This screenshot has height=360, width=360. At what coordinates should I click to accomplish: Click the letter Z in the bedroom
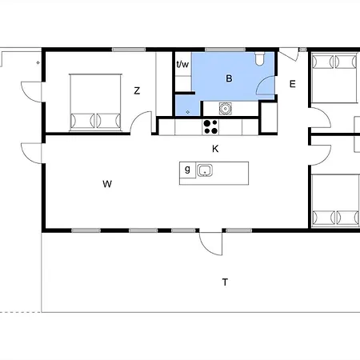(x=138, y=91)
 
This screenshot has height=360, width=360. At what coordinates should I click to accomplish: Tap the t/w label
(x=182, y=65)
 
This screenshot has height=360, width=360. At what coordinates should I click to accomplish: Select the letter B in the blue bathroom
(x=229, y=78)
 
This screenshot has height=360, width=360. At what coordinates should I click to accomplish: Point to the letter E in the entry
(x=293, y=84)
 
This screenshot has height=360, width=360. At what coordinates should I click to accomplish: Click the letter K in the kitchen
(x=215, y=149)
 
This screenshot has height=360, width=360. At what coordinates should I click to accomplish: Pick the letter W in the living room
(x=106, y=185)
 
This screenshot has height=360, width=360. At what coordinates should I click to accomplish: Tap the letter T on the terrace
(x=226, y=282)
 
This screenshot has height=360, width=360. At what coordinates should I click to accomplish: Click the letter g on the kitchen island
(x=187, y=169)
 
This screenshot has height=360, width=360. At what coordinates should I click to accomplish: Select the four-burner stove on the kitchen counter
(x=211, y=125)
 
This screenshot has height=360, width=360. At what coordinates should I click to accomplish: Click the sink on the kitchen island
(x=205, y=170)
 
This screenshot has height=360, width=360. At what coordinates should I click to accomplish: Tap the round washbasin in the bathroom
(x=226, y=109)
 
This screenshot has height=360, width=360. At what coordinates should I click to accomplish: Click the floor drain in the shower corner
(x=187, y=113)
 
